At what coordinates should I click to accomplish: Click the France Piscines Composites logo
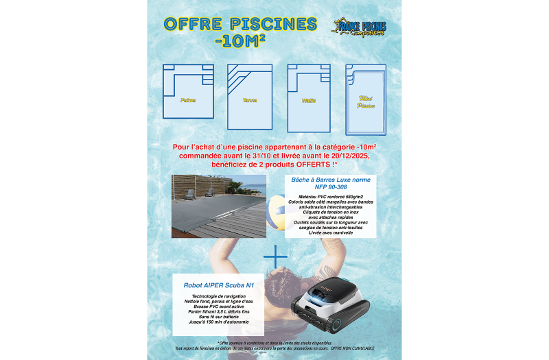pos(360,27)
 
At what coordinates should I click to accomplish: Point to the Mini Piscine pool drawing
pos(366,99)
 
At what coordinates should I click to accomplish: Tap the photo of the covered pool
pos(219,206)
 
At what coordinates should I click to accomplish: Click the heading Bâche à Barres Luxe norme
pos(331,180)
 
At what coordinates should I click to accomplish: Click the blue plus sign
pos(275,256)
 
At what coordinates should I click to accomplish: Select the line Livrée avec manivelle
pos(331,232)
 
